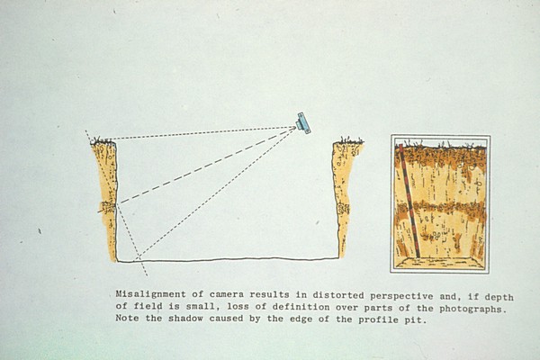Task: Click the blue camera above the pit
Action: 303,123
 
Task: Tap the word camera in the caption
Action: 226,295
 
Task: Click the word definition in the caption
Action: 301,307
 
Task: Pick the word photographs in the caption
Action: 473,309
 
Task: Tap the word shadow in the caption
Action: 185,318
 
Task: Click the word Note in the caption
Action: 127,318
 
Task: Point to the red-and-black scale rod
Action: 409,201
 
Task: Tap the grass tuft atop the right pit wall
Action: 351,140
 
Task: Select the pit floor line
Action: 228,259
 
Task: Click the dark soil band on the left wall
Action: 107,207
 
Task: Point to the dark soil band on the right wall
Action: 344,208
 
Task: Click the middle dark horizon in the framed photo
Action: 441,209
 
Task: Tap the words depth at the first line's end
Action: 499,297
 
